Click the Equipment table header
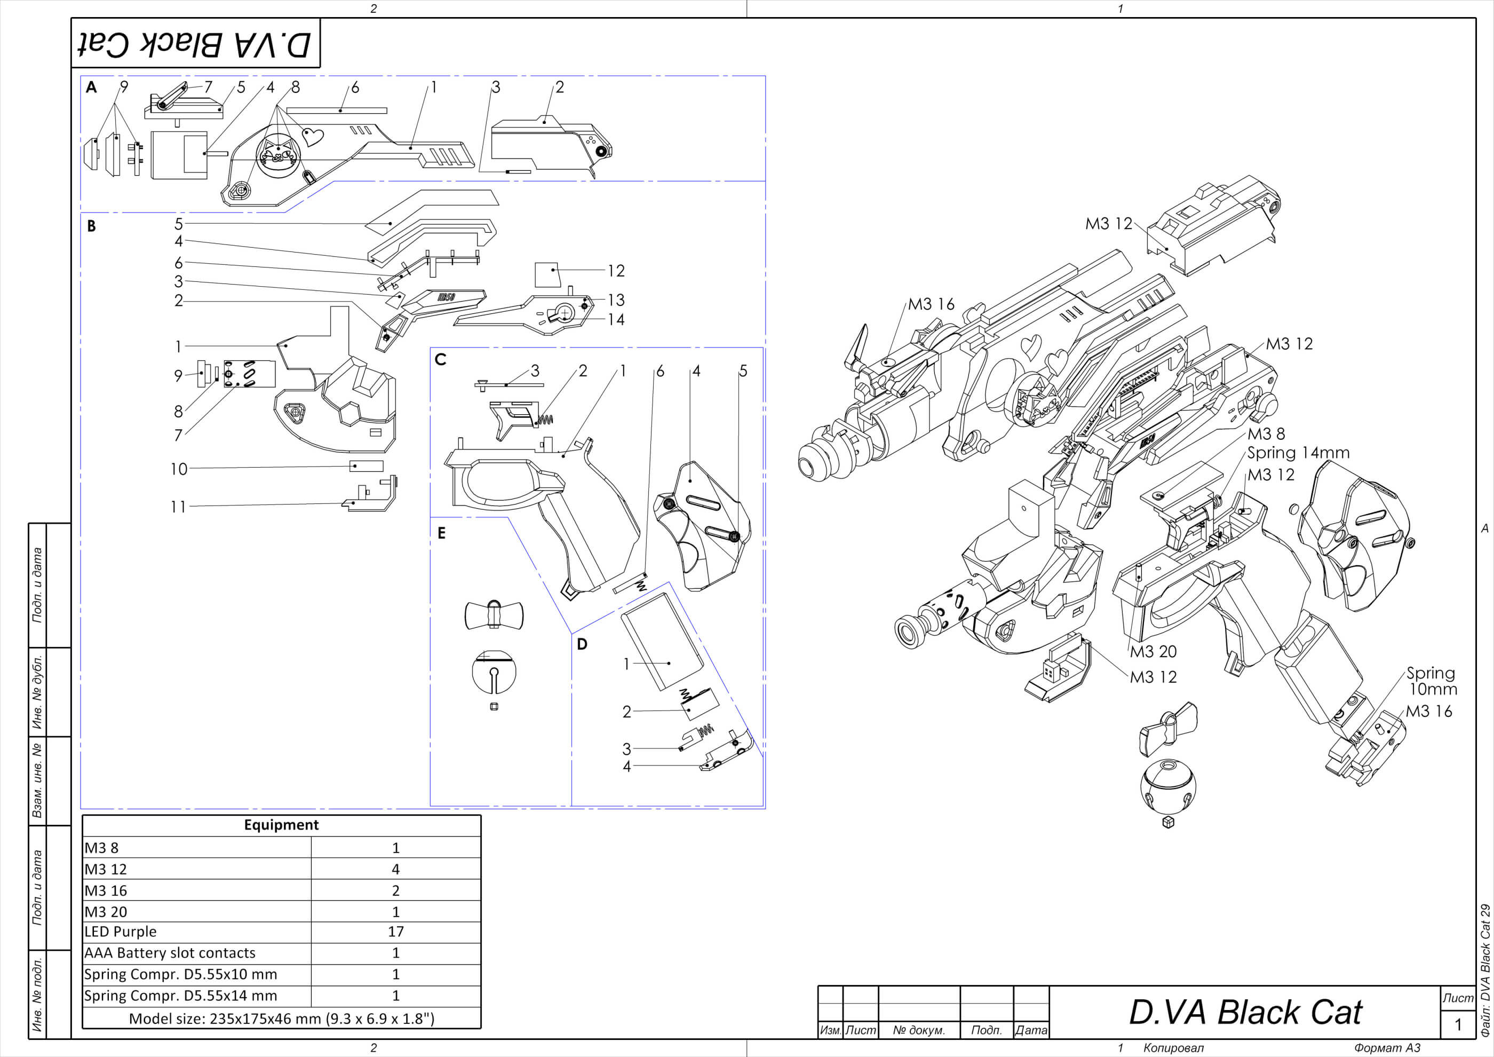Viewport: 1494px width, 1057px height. (x=281, y=825)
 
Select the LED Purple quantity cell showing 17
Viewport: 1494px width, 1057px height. (x=395, y=932)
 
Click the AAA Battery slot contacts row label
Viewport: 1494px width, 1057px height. (x=170, y=953)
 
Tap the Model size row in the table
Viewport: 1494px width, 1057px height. (x=281, y=1019)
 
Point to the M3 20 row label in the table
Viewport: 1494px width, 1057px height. (x=106, y=912)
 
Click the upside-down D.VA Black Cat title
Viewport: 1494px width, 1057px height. (x=195, y=44)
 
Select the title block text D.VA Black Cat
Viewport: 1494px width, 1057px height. (x=1245, y=1013)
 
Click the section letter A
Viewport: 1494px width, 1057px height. (x=91, y=87)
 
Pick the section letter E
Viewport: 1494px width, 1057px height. (x=441, y=534)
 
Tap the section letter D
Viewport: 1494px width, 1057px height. (x=582, y=644)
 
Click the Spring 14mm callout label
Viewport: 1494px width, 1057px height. (x=1298, y=452)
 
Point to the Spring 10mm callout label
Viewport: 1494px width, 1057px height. (x=1431, y=681)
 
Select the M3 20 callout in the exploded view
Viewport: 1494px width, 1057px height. (x=1153, y=651)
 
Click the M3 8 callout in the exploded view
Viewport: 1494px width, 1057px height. (x=1266, y=433)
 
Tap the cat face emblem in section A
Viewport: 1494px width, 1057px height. (x=278, y=154)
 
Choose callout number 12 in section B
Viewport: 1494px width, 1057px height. (x=616, y=270)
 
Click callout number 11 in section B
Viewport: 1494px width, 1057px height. (x=178, y=507)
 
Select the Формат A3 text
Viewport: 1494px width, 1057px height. (x=1387, y=1048)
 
